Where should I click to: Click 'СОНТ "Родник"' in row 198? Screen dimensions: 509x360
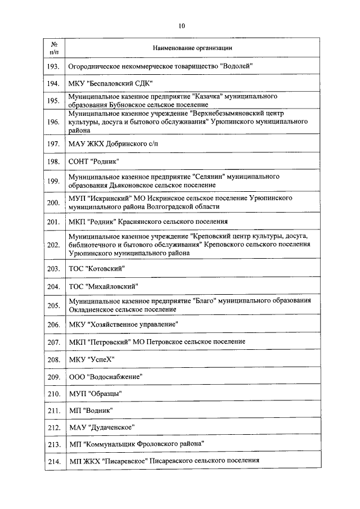93,161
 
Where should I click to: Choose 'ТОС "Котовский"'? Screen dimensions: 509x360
97,268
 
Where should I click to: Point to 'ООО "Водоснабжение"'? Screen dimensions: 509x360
105,376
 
